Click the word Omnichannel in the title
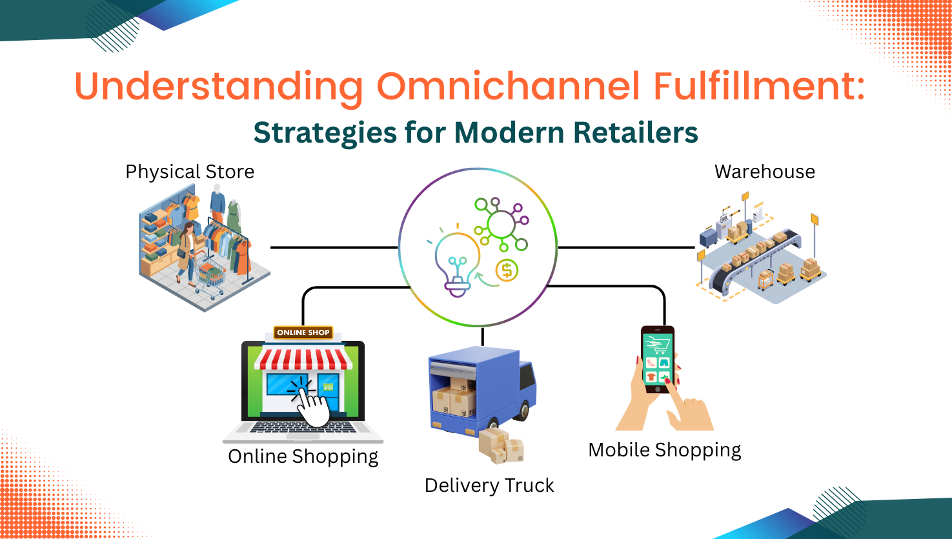tap(509, 86)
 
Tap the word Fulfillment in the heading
tap(759, 86)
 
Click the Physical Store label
tap(190, 172)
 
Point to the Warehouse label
tap(764, 172)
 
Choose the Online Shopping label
tap(303, 456)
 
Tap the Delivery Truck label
tap(489, 485)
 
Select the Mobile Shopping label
tap(664, 450)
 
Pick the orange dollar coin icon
tap(507, 270)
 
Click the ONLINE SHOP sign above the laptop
tap(303, 332)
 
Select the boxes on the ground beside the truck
tap(501, 445)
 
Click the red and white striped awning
tap(303, 359)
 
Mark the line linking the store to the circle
tap(334, 247)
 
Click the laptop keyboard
tap(303, 428)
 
